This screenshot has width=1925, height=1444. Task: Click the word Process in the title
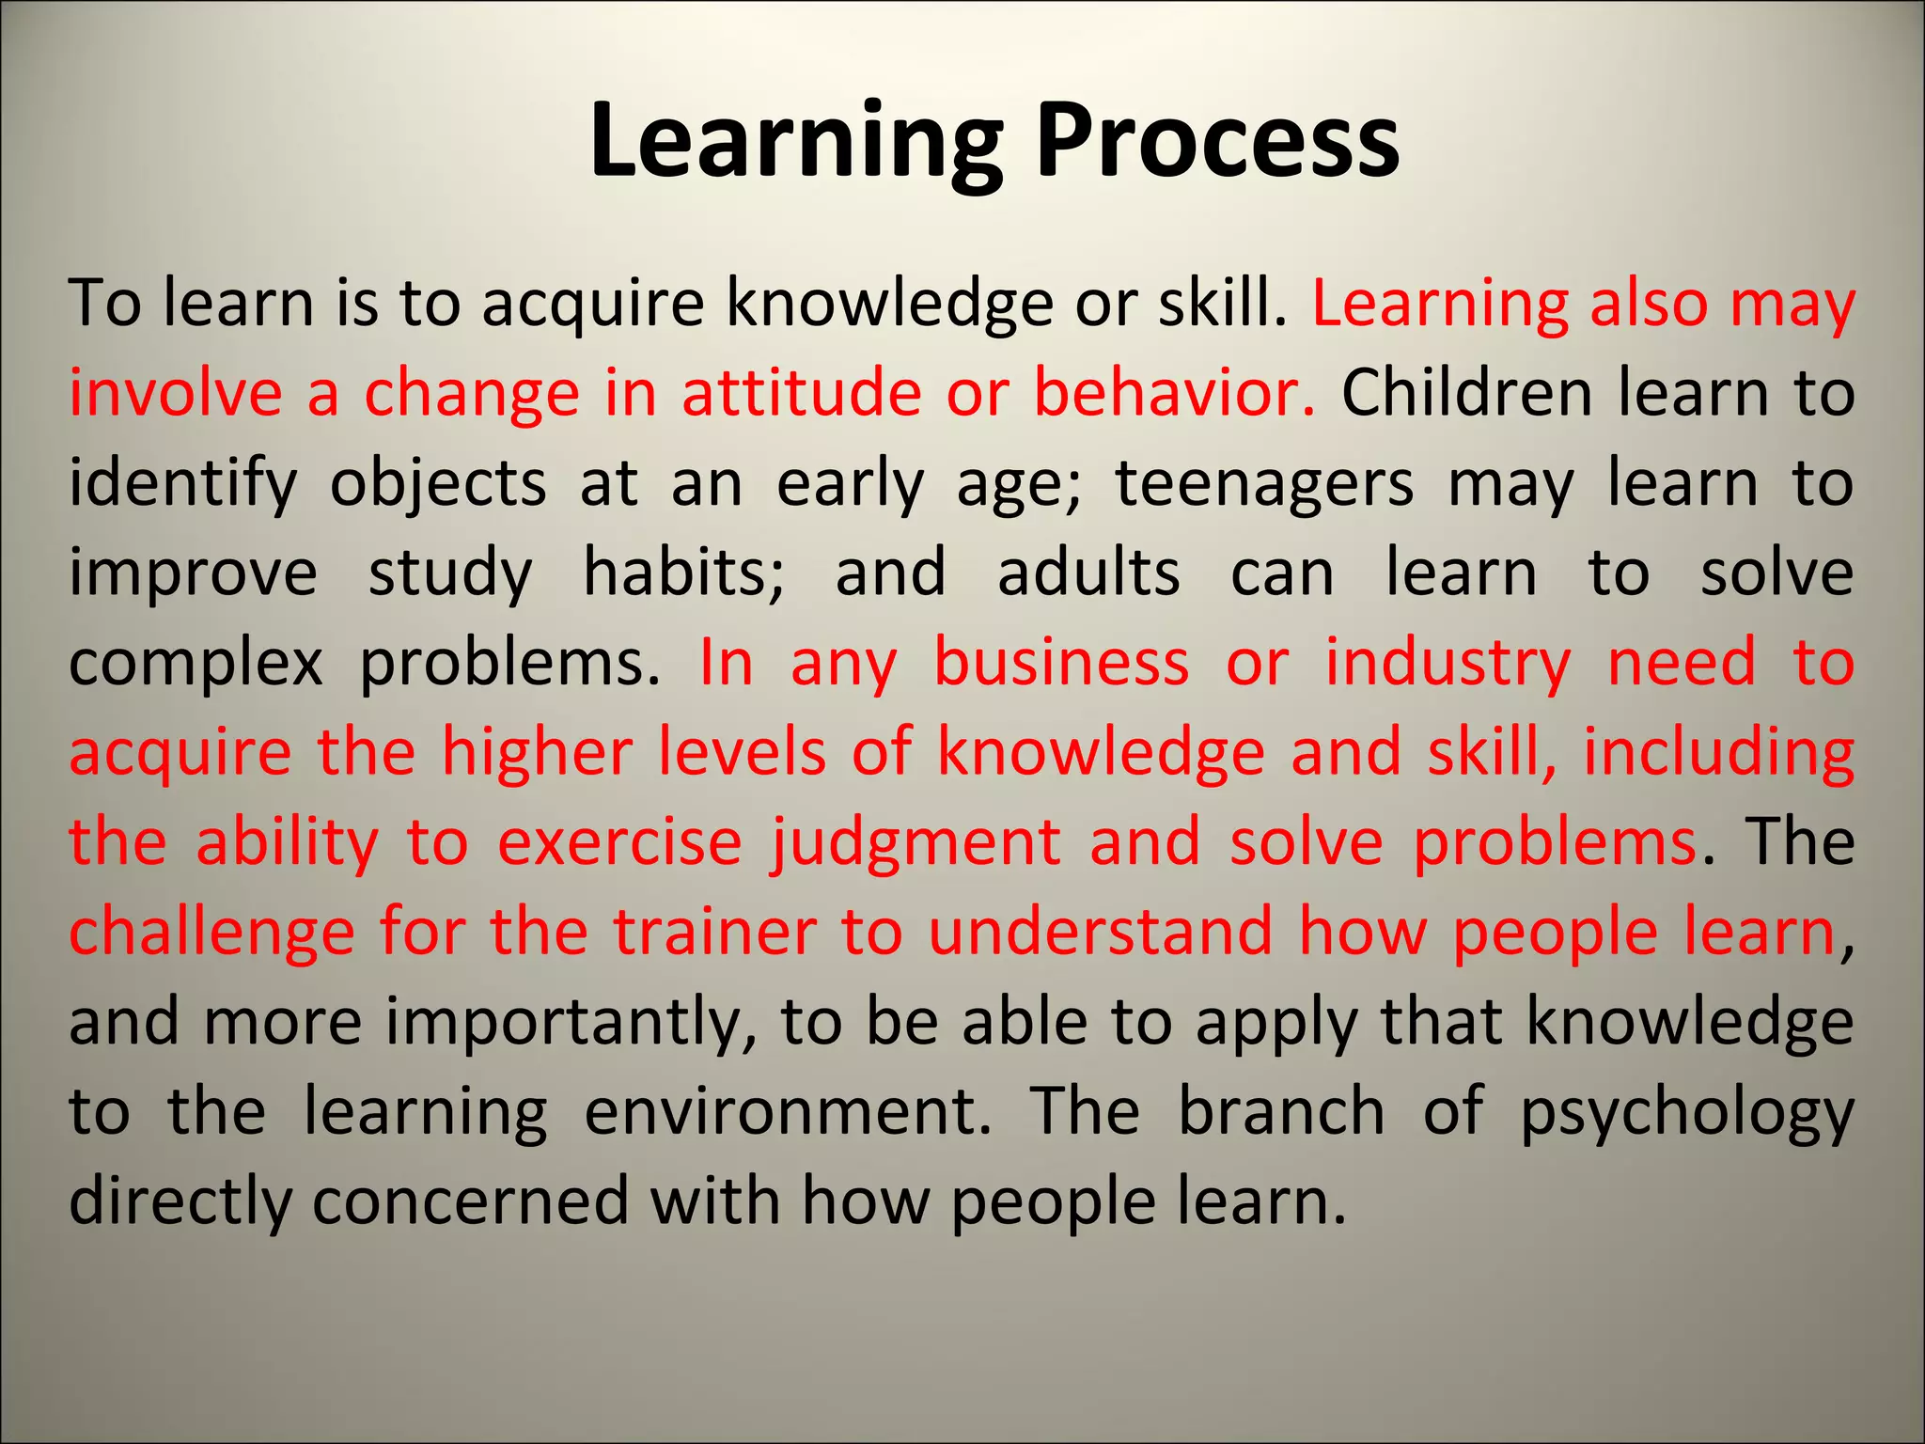pyautogui.click(x=1217, y=141)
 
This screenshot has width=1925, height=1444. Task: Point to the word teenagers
pyautogui.click(x=1263, y=485)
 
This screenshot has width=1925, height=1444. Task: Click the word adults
pyautogui.click(x=1088, y=573)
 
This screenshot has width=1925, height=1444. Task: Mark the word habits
pyautogui.click(x=683, y=573)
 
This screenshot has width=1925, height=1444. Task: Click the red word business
pyautogui.click(x=1061, y=663)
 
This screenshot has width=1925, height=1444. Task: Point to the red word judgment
pyautogui.click(x=915, y=844)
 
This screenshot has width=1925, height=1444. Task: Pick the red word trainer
pyautogui.click(x=714, y=933)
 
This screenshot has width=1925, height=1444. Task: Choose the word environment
pyautogui.click(x=788, y=1112)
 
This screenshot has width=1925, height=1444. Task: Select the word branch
pyautogui.click(x=1281, y=1112)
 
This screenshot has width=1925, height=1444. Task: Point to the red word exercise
pyautogui.click(x=619, y=842)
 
